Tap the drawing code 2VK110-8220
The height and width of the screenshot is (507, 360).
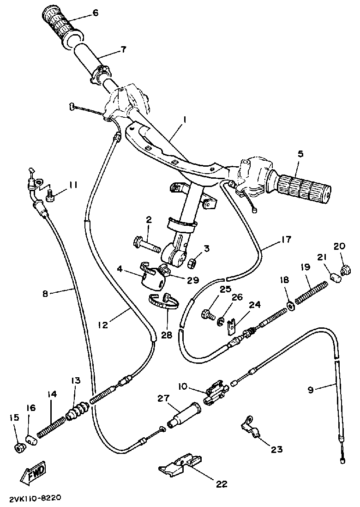pyautogui.click(x=35, y=499)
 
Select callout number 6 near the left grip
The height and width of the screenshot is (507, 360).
pyautogui.click(x=96, y=13)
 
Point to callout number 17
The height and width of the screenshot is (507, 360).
pyautogui.click(x=286, y=239)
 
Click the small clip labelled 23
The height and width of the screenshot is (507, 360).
pyautogui.click(x=251, y=427)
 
